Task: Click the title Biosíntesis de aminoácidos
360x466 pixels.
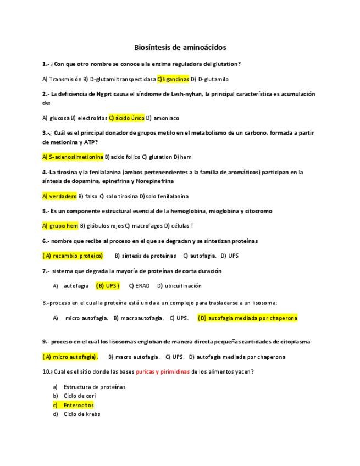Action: (x=180, y=47)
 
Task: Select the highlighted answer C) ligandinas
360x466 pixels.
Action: (x=173, y=79)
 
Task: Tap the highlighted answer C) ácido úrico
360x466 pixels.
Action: (x=127, y=118)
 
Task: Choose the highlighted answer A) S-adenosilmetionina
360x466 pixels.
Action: (x=73, y=157)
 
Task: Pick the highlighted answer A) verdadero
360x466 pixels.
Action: (x=59, y=196)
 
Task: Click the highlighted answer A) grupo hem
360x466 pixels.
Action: (x=60, y=225)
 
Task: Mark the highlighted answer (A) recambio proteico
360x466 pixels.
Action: (x=73, y=256)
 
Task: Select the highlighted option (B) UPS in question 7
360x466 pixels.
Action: (x=107, y=286)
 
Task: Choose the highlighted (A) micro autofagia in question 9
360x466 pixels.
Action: (x=70, y=357)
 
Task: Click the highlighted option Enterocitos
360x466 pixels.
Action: (x=79, y=405)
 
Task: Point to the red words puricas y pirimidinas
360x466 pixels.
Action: (x=162, y=371)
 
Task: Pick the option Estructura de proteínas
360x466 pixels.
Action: (x=95, y=386)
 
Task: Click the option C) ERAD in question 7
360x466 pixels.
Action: (x=139, y=286)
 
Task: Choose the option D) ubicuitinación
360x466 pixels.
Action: (x=179, y=286)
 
